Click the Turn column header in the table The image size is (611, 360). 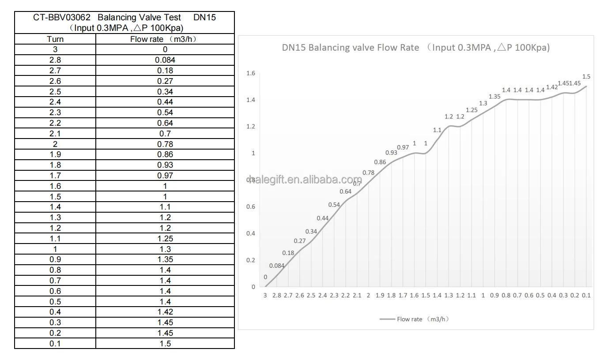click(x=55, y=39)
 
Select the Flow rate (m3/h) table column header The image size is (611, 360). click(x=165, y=39)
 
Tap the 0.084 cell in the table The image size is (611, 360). click(x=165, y=60)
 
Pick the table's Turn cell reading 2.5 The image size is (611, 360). click(x=55, y=92)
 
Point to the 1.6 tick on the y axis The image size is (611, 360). click(x=251, y=73)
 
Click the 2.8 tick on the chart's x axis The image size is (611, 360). click(x=277, y=296)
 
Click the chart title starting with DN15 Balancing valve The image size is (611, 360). click(x=416, y=48)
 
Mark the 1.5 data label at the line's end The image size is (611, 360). click(x=586, y=77)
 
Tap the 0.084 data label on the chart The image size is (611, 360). click(x=277, y=266)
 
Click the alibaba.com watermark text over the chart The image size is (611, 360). click(x=305, y=180)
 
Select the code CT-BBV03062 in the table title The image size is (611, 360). click(x=62, y=18)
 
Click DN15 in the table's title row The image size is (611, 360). click(x=204, y=18)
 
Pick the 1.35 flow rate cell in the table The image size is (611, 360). click(x=165, y=259)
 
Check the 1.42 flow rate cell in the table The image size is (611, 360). click(x=165, y=312)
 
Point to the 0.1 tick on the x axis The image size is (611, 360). click(x=586, y=296)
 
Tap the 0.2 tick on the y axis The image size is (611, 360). click(x=251, y=260)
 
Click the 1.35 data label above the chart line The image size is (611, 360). click(x=494, y=97)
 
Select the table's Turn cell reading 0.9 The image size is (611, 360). click(x=55, y=259)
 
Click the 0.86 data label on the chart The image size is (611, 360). click(x=380, y=162)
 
